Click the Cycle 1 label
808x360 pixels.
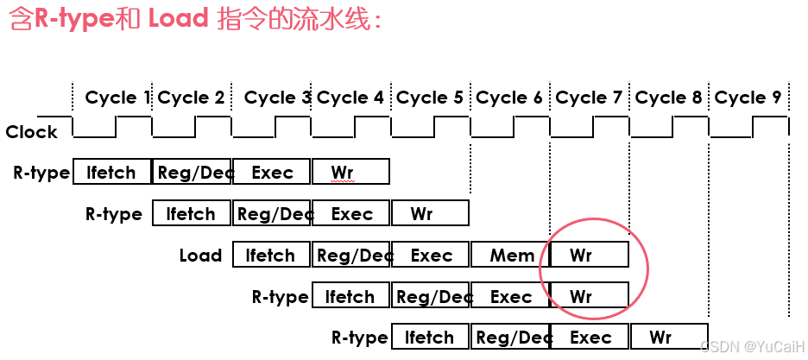pos(117,98)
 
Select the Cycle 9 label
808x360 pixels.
pos(748,98)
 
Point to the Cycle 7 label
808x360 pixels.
pos(589,98)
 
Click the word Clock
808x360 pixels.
pos(32,132)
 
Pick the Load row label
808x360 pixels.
pos(201,256)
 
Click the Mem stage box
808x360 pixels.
pos(511,256)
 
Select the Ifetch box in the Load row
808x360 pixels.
pos(271,256)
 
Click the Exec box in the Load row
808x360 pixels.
pos(432,256)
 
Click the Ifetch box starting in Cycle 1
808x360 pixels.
pos(112,172)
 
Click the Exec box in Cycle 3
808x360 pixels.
pos(271,172)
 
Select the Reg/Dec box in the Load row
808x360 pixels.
pos(351,256)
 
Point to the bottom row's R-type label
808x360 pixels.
pos(359,338)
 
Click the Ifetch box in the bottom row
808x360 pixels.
pos(430,337)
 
